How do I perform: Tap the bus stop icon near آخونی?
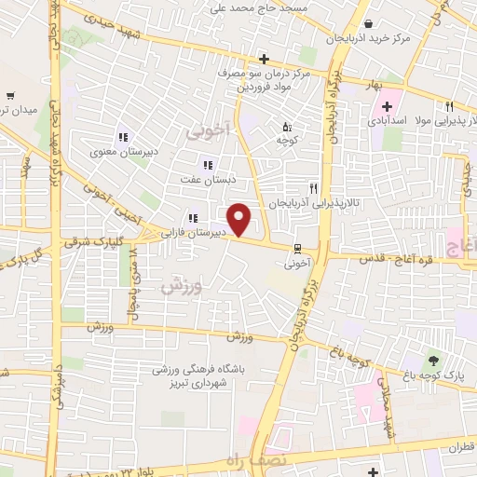(297, 249)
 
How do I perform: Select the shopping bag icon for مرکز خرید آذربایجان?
(370, 24)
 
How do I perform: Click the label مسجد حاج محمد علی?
(272, 7)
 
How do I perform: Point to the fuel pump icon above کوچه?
(287, 126)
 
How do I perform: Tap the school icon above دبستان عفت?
(208, 164)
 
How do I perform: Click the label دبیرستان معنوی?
(116, 152)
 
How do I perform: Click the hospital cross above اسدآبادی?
(387, 106)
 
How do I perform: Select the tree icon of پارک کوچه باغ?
(432, 360)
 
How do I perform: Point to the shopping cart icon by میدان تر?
(10, 95)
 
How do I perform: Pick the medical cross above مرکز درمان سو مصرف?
(265, 59)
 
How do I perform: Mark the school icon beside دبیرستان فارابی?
(191, 218)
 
